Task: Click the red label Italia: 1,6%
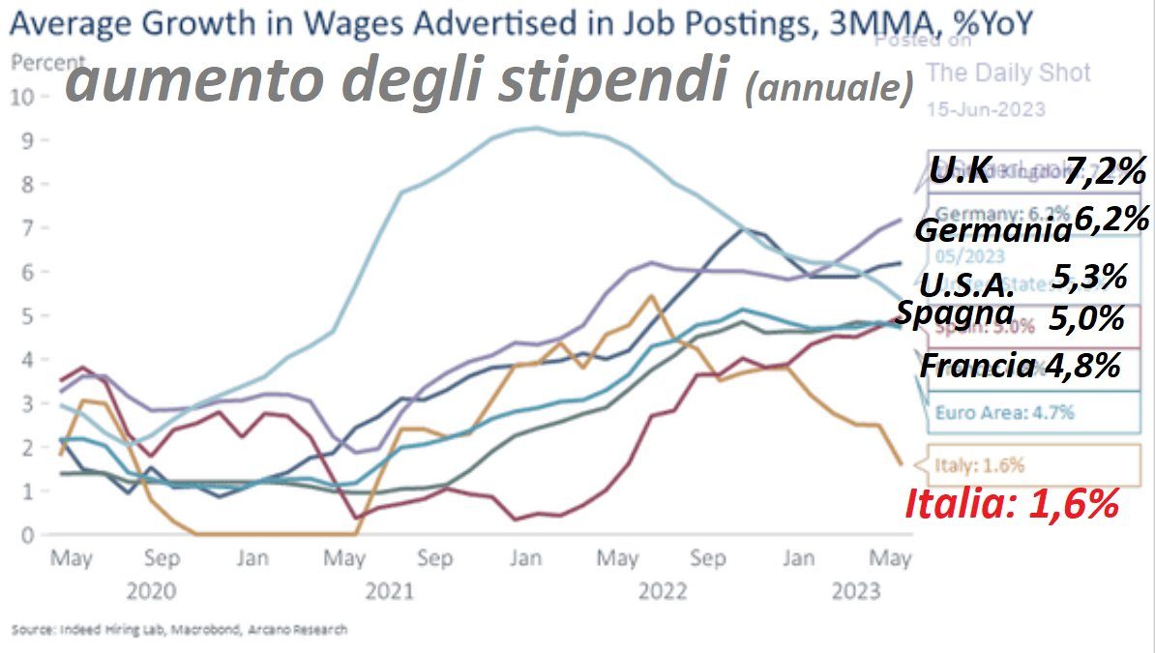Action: (1012, 504)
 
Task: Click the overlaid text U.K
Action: (960, 174)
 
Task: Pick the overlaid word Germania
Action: (992, 232)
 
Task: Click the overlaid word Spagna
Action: (955, 313)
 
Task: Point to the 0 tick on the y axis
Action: (29, 534)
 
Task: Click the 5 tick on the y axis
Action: (29, 315)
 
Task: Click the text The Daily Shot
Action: (1008, 73)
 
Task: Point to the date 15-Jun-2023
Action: (986, 108)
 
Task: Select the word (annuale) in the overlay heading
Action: (829, 90)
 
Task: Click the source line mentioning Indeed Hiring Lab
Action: (179, 630)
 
